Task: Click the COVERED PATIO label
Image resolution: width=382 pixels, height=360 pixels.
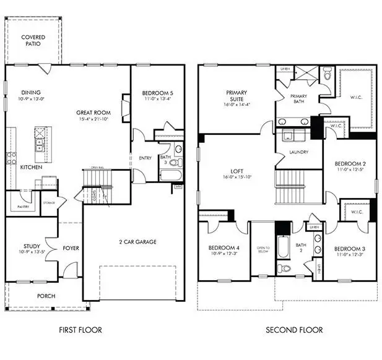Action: click(33, 41)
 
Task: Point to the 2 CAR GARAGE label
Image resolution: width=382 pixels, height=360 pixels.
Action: click(137, 242)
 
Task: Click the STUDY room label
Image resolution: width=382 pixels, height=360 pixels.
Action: click(32, 246)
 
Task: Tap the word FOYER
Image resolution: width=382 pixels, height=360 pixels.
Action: click(71, 249)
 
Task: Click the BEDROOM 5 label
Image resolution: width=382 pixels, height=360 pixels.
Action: click(158, 93)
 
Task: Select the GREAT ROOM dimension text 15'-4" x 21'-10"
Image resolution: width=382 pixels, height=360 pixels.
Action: click(93, 119)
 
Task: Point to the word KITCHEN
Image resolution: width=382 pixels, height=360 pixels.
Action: click(31, 168)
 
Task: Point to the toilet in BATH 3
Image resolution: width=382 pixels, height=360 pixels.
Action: click(174, 163)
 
